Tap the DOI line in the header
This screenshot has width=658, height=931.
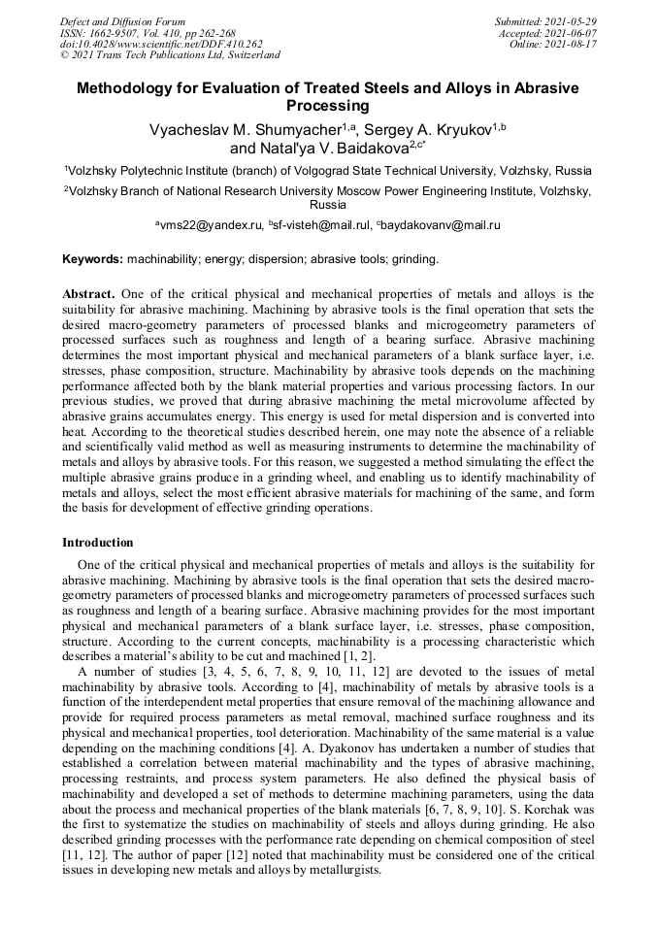[161, 44]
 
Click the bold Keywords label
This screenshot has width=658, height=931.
[92, 259]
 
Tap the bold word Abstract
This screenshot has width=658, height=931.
[89, 294]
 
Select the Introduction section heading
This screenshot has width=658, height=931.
[98, 543]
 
